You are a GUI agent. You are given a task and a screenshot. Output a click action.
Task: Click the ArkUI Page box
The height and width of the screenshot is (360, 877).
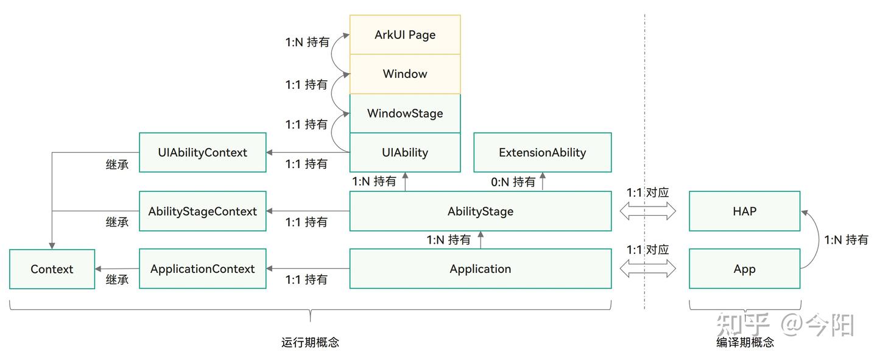pos(405,35)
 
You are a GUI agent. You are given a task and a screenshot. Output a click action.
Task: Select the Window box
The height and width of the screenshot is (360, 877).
pos(405,74)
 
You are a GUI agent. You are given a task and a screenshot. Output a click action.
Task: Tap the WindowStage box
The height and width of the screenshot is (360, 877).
pos(405,113)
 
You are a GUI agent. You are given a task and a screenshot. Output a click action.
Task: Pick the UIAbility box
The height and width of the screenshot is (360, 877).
pos(405,152)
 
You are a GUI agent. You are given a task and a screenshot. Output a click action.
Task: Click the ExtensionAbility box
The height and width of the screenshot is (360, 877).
pos(542,152)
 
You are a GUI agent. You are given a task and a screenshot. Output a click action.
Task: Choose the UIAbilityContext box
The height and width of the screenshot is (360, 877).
pos(202,152)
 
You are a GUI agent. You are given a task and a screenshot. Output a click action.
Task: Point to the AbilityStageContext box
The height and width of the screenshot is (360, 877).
pos(202,211)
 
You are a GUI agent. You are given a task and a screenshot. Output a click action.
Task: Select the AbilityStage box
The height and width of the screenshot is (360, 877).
pos(480,211)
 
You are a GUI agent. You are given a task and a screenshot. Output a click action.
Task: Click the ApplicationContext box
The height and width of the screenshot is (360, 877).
pos(202,269)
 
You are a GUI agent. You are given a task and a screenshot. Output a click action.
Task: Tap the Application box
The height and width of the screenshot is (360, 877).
pos(480,269)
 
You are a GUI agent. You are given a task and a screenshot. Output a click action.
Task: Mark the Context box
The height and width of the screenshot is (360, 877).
pos(52,269)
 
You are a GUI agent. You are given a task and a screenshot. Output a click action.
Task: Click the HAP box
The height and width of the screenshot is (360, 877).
pos(744,211)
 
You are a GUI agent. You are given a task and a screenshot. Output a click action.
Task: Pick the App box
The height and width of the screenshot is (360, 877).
pos(744,269)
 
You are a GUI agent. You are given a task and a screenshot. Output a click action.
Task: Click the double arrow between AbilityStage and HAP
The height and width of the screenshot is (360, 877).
pos(648,211)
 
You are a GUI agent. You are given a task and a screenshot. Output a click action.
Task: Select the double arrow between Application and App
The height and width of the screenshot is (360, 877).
pos(648,268)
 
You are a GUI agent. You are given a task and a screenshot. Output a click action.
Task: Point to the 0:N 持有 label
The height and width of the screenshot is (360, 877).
pos(513,182)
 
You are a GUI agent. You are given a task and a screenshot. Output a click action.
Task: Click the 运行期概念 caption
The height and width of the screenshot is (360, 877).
pos(310,342)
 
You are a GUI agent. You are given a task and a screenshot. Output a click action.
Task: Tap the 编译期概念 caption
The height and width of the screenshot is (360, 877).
pos(745,342)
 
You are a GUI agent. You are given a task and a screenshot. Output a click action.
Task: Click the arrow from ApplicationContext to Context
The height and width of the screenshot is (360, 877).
pos(117,269)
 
